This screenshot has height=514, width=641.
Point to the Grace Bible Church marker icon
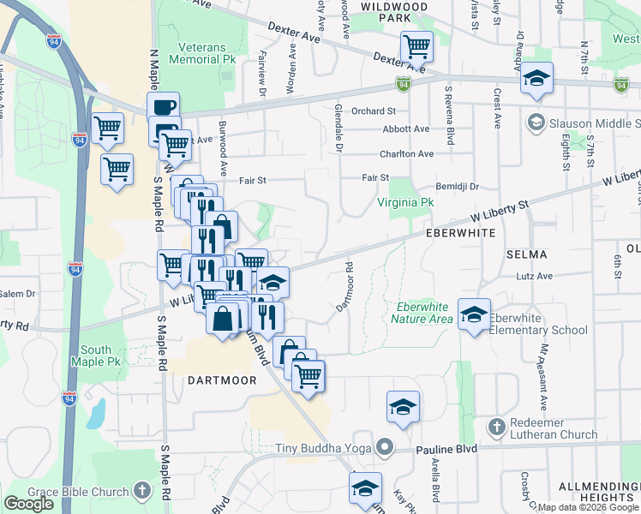pyautogui.click(x=142, y=492)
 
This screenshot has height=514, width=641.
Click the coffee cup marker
pyautogui.click(x=163, y=107)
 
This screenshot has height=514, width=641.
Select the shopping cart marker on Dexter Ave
pyautogui.click(x=416, y=45)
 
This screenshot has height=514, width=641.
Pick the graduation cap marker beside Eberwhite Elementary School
pyautogui.click(x=474, y=313)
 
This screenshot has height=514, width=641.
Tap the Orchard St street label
pyautogui.click(x=374, y=111)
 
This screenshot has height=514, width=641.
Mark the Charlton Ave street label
pyautogui.click(x=407, y=153)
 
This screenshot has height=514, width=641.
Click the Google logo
pyautogui.click(x=28, y=504)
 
